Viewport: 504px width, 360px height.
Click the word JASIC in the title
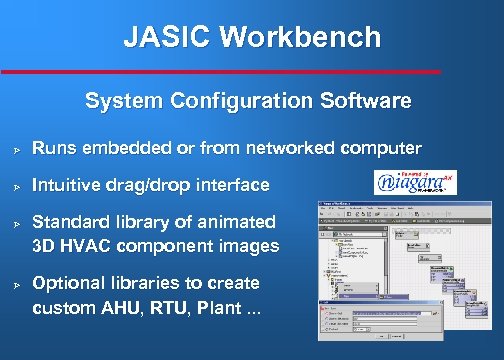coord(167,38)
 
